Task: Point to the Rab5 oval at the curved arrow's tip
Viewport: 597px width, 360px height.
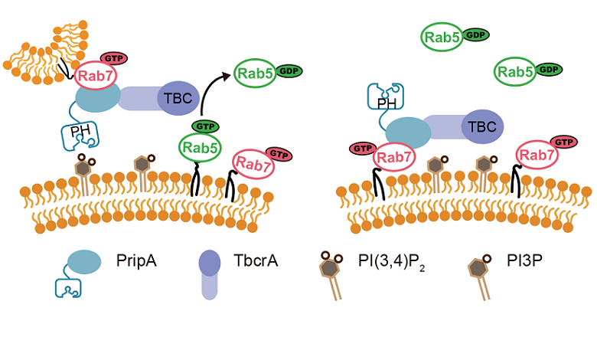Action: click(x=257, y=74)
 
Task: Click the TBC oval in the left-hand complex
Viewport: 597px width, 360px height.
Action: click(x=178, y=97)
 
